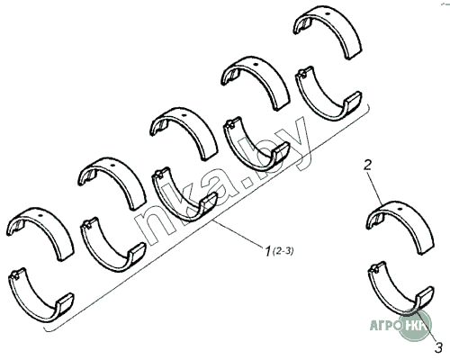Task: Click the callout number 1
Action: [267, 251]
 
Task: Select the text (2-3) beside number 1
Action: [283, 251]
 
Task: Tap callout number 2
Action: [367, 165]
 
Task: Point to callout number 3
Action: [438, 348]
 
